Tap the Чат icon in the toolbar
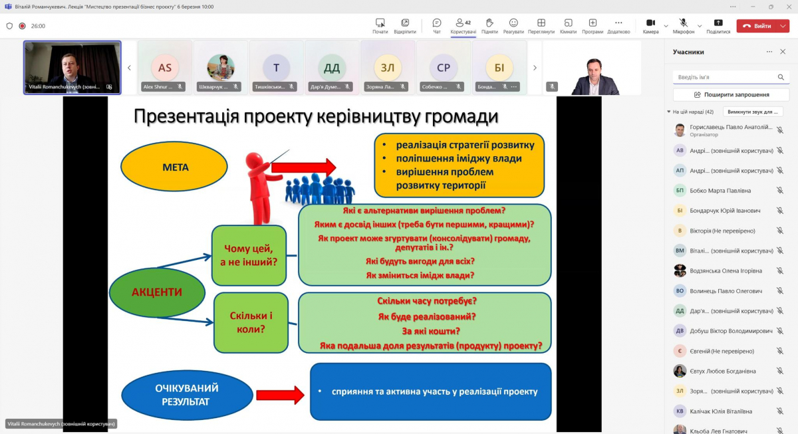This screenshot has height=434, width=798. pos(437,26)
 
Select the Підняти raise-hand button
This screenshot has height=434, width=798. pos(489,26)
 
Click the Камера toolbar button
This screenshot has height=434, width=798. pos(650,26)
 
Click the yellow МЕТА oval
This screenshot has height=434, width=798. pos(174,167)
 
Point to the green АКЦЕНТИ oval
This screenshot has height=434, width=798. pos(156,292)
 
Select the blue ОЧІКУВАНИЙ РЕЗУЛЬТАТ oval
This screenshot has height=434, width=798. pos(187,395)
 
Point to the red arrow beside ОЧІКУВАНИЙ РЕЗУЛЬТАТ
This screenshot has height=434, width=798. pos(280,395)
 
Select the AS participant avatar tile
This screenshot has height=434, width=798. pos(165,68)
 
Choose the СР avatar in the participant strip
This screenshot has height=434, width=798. pos(444,68)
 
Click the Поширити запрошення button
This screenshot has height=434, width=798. pos(731,95)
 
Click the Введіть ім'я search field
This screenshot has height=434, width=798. pos(725,77)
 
